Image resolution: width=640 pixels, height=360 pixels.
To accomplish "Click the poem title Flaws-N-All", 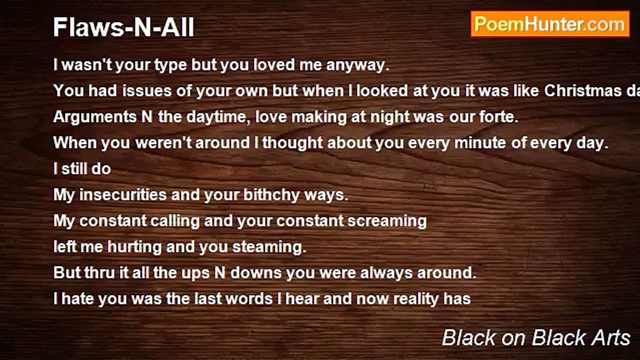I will [x=123, y=28].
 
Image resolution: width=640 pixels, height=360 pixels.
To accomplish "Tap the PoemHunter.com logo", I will [x=550, y=24].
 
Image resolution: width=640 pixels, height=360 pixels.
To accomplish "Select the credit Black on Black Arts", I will [x=536, y=338].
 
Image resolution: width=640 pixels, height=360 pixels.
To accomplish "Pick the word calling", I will [x=193, y=221].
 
